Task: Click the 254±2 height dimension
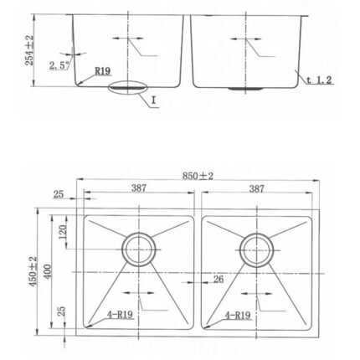[x=29, y=50]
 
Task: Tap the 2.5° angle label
[x=59, y=65]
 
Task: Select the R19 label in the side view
[x=103, y=71]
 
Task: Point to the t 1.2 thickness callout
[x=319, y=80]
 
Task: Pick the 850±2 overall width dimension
[x=198, y=176]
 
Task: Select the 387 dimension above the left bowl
[x=139, y=188]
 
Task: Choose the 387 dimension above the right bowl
[x=256, y=188]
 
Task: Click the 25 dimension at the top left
[x=59, y=194]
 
